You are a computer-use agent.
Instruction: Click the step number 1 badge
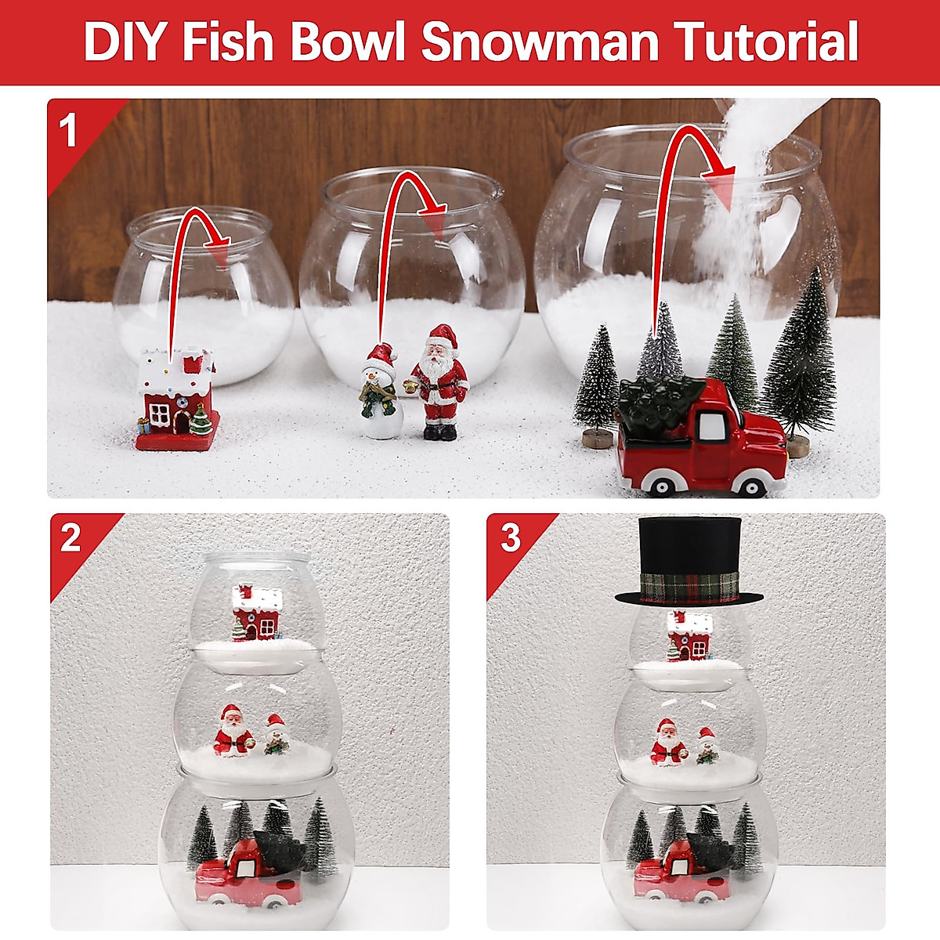(69, 130)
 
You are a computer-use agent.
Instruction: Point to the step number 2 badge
(70, 538)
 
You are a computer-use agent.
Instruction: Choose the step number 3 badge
(510, 538)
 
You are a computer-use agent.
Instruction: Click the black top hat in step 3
(689, 560)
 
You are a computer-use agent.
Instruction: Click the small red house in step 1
(175, 400)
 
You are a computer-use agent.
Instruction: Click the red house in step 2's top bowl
(255, 614)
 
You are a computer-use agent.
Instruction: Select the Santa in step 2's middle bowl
(231, 731)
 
